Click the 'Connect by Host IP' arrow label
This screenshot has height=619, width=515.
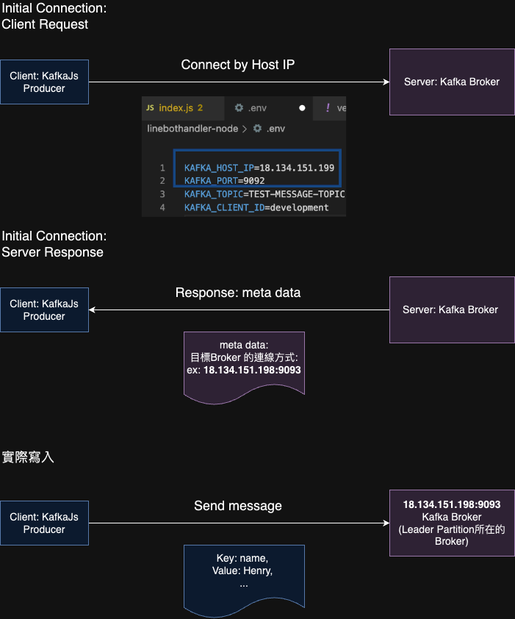[x=238, y=65]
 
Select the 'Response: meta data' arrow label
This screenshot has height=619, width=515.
[x=238, y=293]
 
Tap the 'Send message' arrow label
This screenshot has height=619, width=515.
[x=238, y=506]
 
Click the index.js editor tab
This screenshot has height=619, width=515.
[x=174, y=108]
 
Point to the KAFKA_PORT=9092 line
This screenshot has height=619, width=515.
[x=224, y=180]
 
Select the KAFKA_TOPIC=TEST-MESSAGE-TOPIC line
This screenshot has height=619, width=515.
[x=264, y=194]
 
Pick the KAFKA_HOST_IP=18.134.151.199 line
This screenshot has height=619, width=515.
[x=259, y=168]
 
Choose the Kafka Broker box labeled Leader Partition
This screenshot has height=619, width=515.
[x=452, y=523]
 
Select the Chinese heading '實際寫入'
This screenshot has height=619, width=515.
[x=28, y=457]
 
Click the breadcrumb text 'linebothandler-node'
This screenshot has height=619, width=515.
[x=192, y=129]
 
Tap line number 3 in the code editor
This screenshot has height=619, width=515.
[x=162, y=194]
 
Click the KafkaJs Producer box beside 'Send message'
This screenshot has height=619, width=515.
[x=44, y=523]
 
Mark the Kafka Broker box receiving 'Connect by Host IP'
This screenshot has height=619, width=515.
[x=452, y=82]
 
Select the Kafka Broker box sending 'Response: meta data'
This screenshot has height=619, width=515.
[x=450, y=309]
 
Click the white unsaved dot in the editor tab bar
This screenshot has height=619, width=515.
[x=302, y=108]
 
